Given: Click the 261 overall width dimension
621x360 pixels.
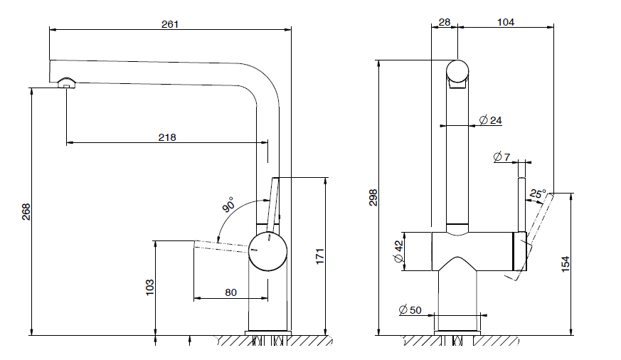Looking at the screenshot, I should (x=170, y=23).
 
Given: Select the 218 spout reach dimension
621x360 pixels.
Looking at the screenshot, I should (x=167, y=137).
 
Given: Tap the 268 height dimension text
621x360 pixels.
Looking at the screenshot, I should (x=26, y=211).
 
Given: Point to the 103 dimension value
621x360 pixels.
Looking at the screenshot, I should (x=149, y=287).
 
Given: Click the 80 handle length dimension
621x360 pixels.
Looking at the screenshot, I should (x=231, y=292).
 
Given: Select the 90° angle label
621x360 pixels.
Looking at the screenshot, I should (x=228, y=206).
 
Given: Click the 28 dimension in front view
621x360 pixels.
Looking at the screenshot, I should (x=445, y=22).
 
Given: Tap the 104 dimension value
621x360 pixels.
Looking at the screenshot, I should (x=505, y=22).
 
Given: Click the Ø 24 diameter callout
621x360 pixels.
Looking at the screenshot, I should (x=491, y=120).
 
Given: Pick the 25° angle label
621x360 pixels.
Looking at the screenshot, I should (x=538, y=194).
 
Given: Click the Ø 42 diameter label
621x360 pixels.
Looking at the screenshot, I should (x=398, y=252).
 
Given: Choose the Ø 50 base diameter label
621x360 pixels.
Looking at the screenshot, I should (x=410, y=309).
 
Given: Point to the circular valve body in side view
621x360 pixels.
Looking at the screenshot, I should (x=268, y=250).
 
